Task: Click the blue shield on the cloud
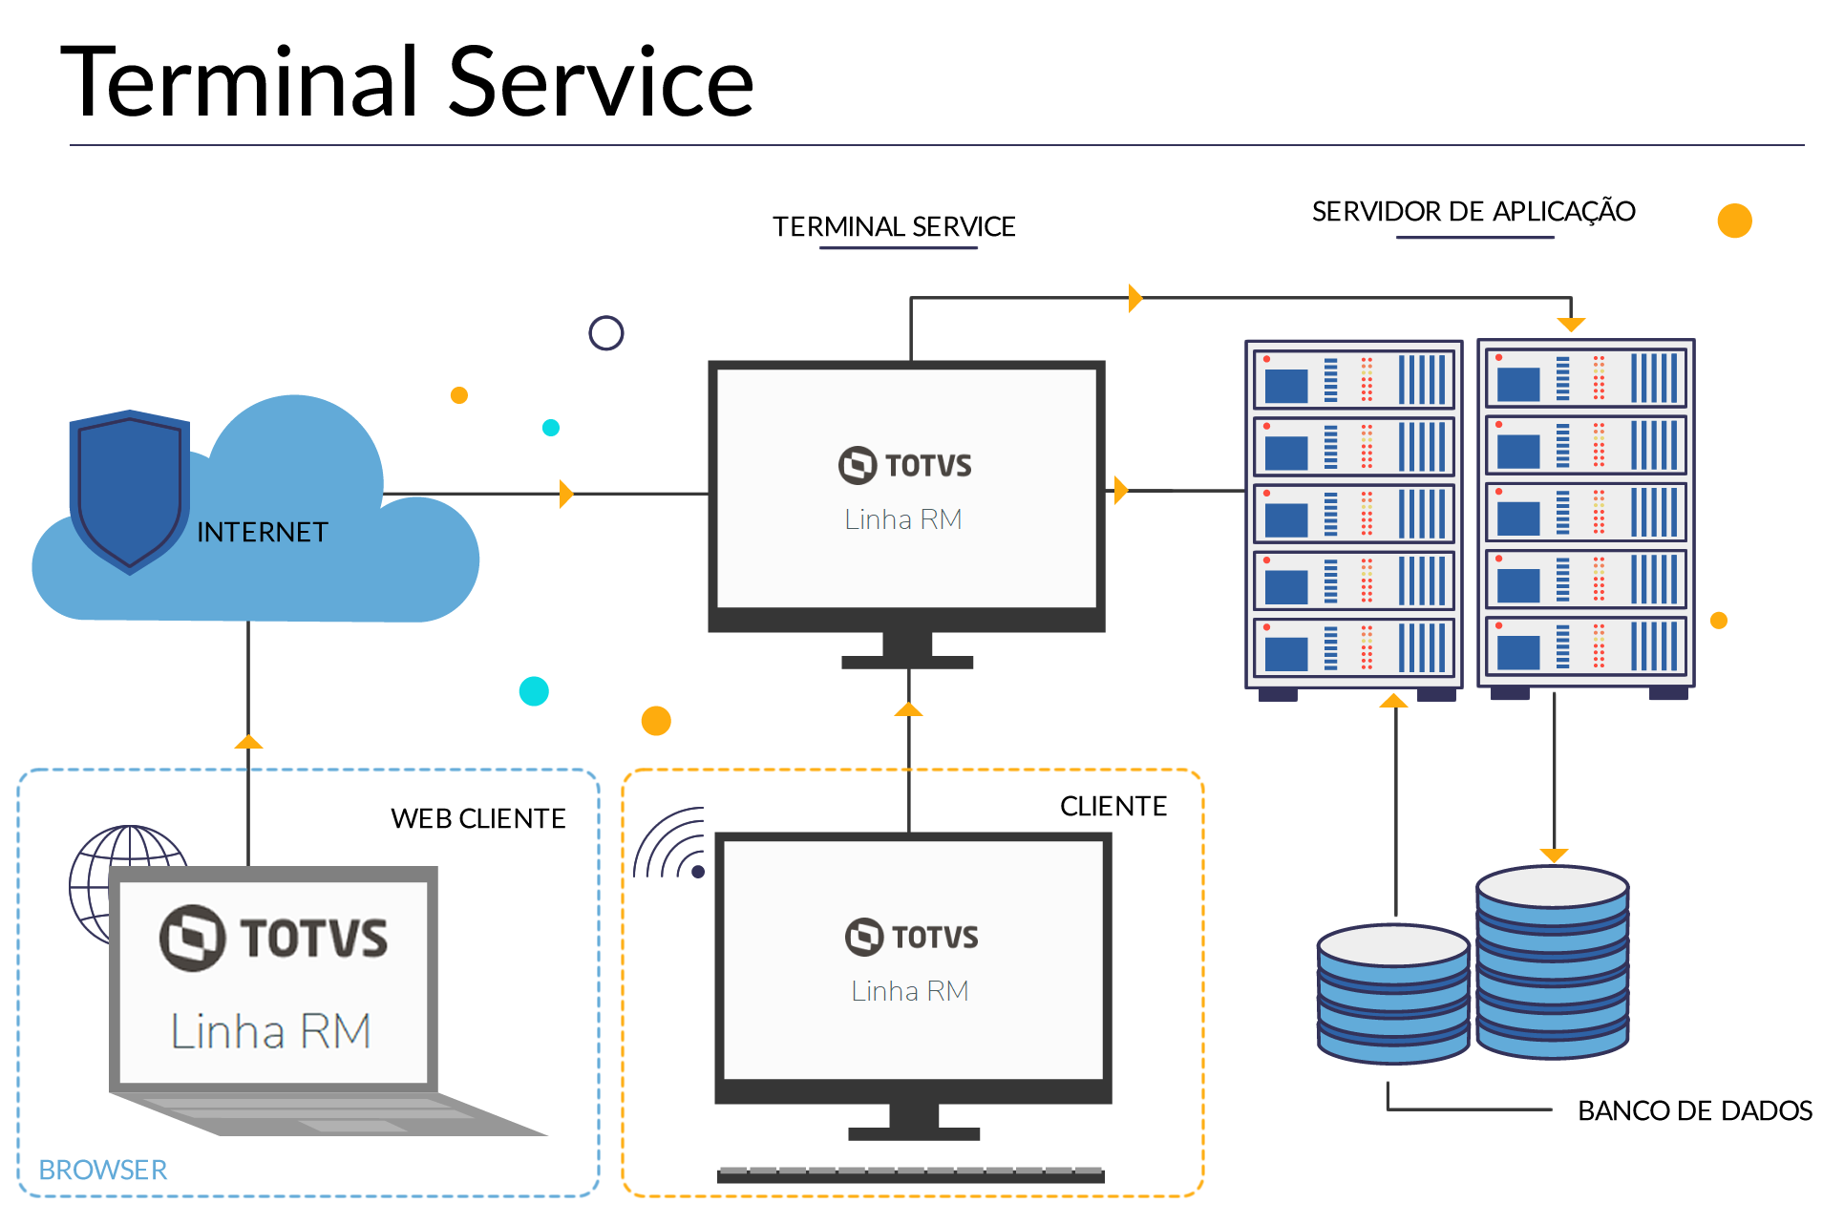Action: [129, 490]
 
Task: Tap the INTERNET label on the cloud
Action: [262, 532]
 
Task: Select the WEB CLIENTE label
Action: [477, 818]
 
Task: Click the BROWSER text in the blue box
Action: [102, 1170]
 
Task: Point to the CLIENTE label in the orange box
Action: [1113, 806]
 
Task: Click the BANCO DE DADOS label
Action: [1694, 1110]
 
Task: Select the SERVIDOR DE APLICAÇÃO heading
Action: [1473, 211]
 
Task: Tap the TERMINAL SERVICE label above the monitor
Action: [894, 226]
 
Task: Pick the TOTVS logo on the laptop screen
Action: [273, 938]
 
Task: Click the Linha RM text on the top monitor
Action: [902, 519]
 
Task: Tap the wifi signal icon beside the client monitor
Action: [671, 845]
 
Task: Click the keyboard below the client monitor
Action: [910, 1174]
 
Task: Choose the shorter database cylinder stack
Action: [1392, 993]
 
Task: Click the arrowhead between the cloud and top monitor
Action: [565, 494]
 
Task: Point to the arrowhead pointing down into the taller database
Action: [1554, 855]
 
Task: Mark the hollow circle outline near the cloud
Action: [605, 333]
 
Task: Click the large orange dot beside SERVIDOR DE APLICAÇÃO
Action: [1734, 221]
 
